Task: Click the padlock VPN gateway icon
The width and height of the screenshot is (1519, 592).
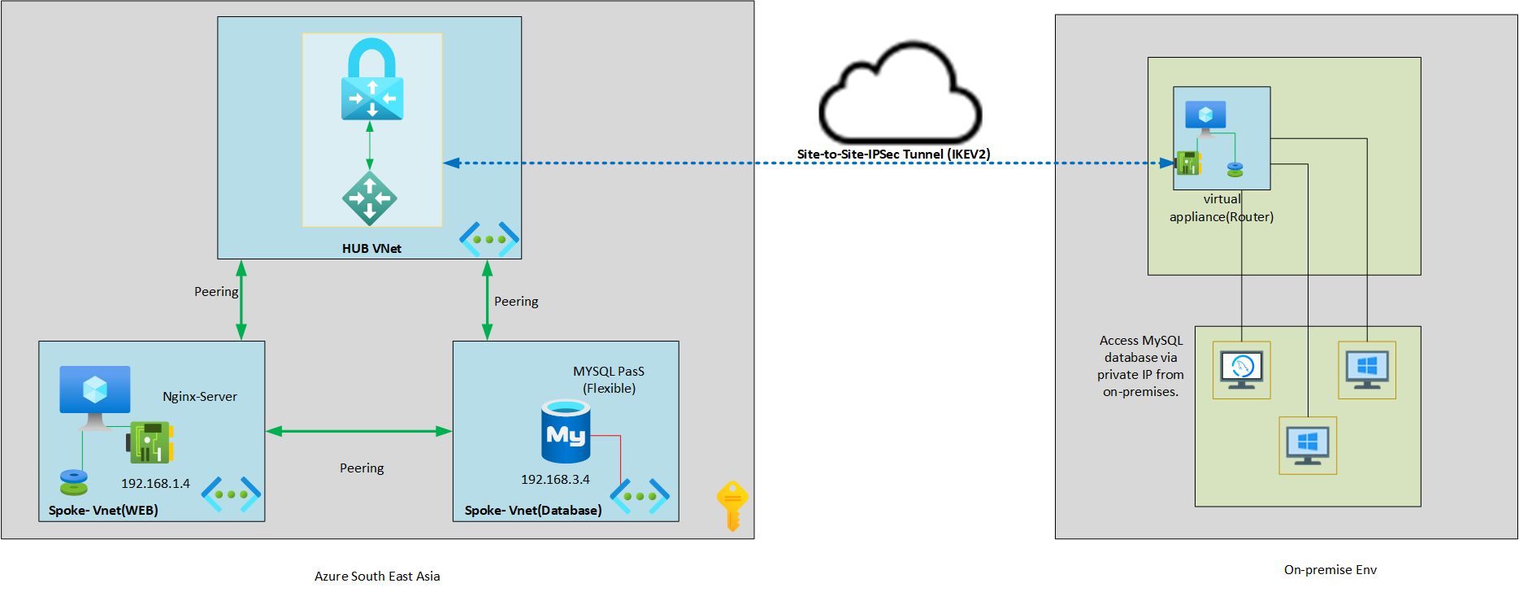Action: pyautogui.click(x=372, y=81)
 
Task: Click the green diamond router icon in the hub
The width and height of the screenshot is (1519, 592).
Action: pyautogui.click(x=370, y=198)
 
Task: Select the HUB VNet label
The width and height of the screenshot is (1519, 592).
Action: pyautogui.click(x=371, y=249)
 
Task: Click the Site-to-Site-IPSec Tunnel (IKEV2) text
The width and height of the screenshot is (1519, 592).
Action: pyautogui.click(x=893, y=154)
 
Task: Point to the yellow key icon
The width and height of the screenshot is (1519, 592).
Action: pyautogui.click(x=731, y=505)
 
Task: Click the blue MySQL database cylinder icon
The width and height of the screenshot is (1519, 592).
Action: pyautogui.click(x=566, y=432)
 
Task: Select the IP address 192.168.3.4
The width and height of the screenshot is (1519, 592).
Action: pyautogui.click(x=555, y=479)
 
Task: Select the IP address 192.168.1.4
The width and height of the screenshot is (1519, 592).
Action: pyautogui.click(x=155, y=483)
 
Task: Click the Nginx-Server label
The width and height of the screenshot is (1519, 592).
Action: pyautogui.click(x=200, y=397)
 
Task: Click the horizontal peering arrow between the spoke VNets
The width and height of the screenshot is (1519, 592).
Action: pyautogui.click(x=358, y=431)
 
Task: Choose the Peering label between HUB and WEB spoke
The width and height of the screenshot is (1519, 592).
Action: pyautogui.click(x=216, y=291)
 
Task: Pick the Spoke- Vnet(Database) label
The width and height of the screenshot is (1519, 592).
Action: pyautogui.click(x=533, y=510)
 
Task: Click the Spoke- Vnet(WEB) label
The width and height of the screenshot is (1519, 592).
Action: pyautogui.click(x=103, y=510)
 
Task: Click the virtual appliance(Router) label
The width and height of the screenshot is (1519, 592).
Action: pyautogui.click(x=1222, y=208)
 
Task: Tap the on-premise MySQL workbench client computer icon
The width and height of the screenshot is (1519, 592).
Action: pyautogui.click(x=1241, y=370)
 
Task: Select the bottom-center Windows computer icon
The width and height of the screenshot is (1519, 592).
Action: pyautogui.click(x=1308, y=446)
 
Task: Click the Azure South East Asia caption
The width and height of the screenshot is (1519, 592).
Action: pyautogui.click(x=377, y=577)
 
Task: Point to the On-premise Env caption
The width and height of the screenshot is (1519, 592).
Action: pyautogui.click(x=1330, y=570)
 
